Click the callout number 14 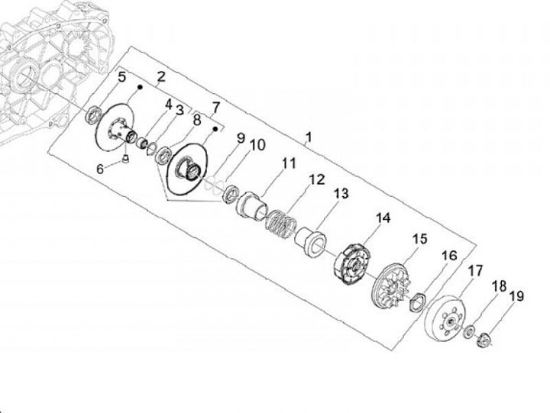(x=383, y=218)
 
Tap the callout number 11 (x=289, y=163)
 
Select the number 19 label (x=516, y=296)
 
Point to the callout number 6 (x=100, y=169)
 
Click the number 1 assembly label (x=309, y=137)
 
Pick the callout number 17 (x=476, y=271)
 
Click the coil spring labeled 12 (x=282, y=224)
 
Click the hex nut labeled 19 (x=484, y=339)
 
